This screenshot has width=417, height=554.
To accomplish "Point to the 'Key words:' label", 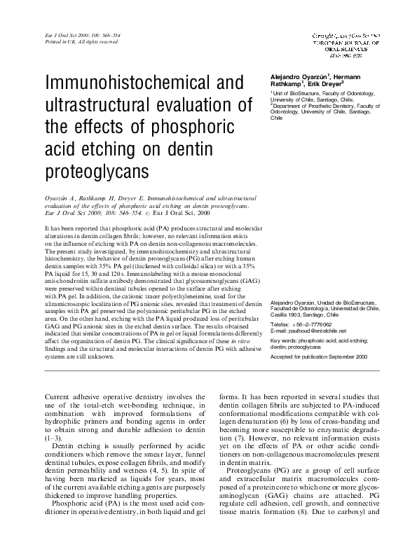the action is (x=284, y=340).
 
